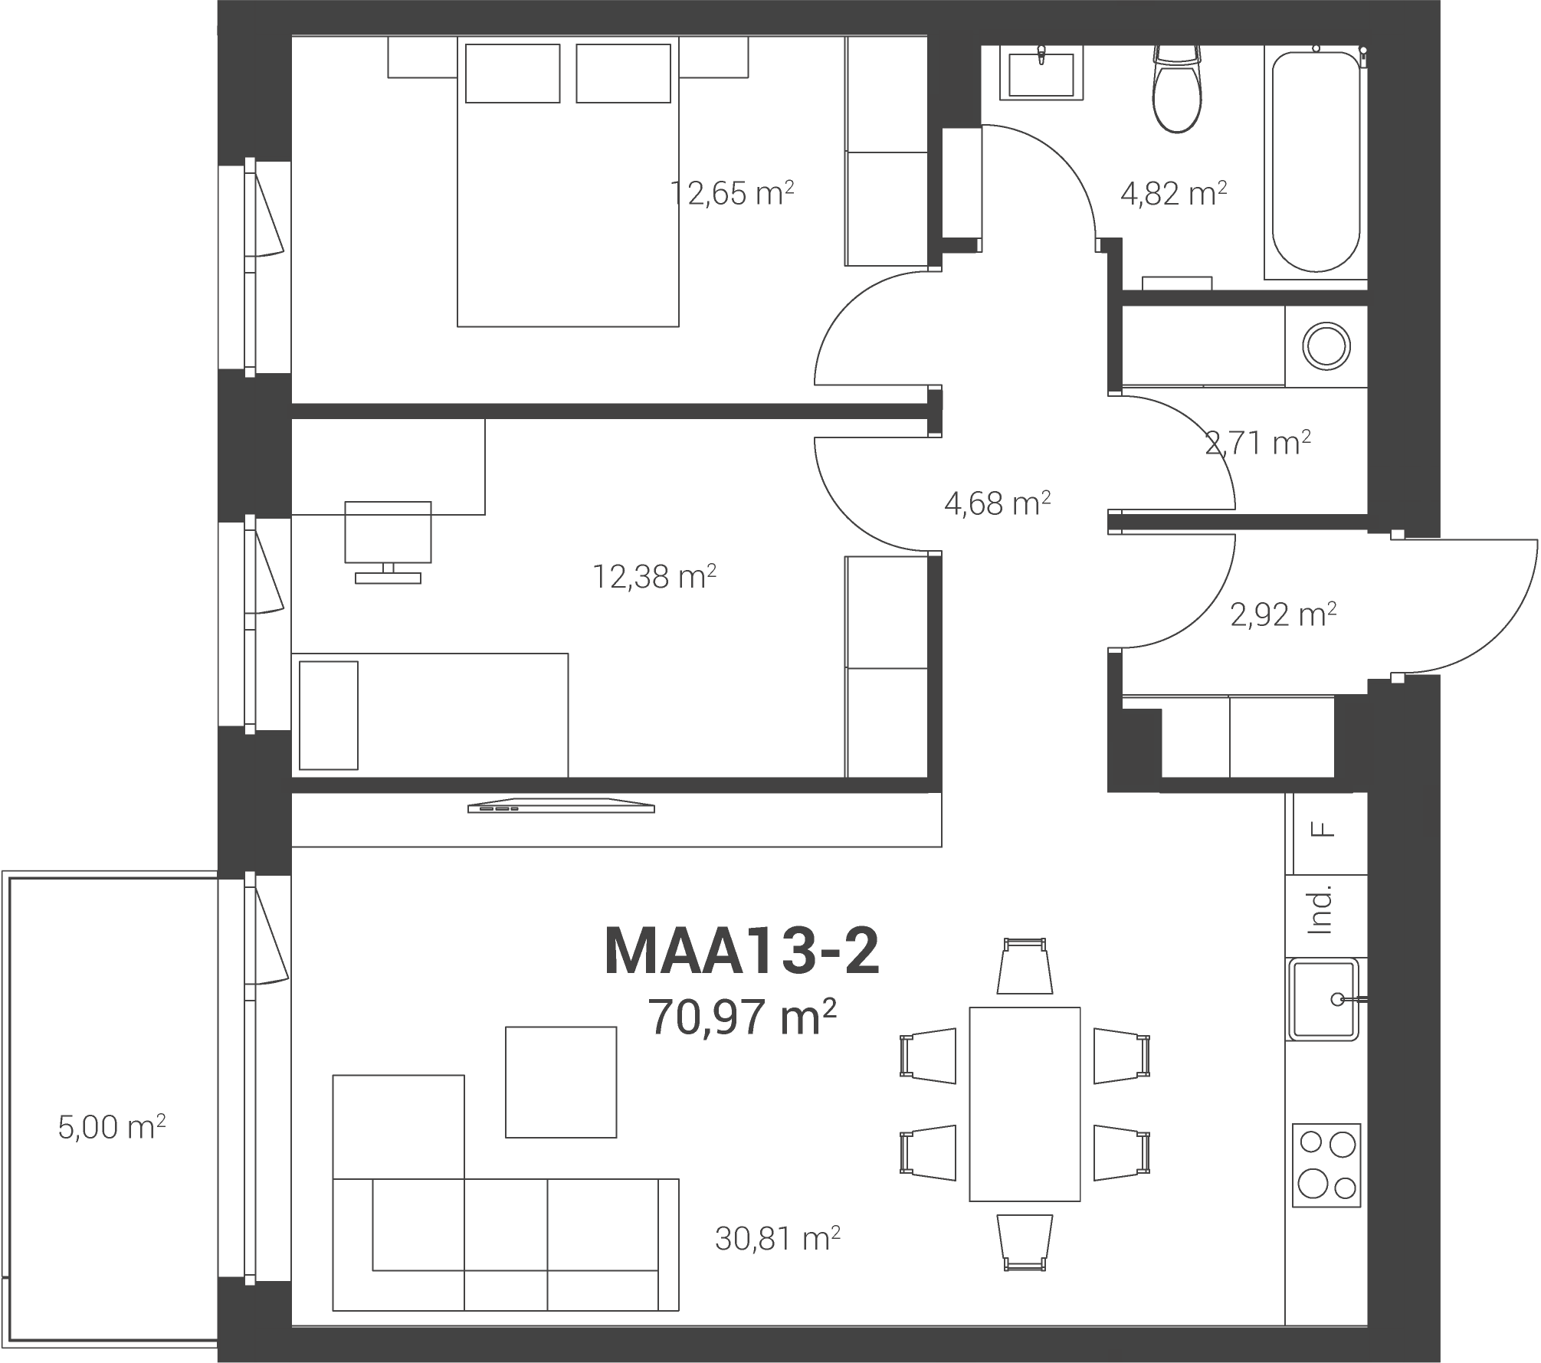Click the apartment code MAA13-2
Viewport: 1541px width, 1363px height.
click(742, 951)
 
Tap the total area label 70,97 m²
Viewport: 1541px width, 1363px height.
click(742, 1017)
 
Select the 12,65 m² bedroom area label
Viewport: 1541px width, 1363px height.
click(732, 193)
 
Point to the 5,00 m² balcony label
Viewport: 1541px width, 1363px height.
click(112, 1127)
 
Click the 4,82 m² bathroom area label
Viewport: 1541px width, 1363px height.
click(1173, 193)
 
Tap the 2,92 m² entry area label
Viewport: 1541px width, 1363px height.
click(1284, 614)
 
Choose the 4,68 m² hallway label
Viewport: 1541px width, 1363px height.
click(997, 503)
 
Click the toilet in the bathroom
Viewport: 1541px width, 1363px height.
click(1177, 88)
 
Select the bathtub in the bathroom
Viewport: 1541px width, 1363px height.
click(1316, 162)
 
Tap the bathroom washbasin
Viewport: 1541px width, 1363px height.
click(1041, 73)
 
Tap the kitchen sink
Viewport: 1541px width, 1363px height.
click(1323, 999)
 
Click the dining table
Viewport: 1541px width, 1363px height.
click(1025, 1104)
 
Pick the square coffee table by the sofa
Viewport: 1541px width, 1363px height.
click(561, 1082)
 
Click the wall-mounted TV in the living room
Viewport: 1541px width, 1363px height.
click(562, 806)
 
